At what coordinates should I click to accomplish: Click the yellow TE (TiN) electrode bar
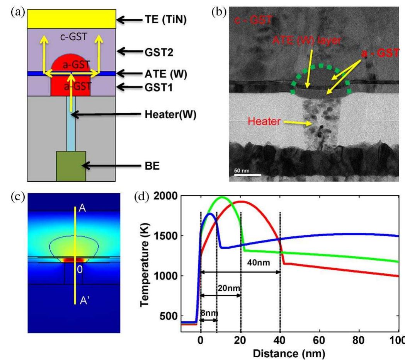click(x=71, y=19)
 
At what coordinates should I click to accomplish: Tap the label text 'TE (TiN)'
click(x=167, y=19)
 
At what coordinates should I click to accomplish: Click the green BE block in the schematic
click(x=71, y=166)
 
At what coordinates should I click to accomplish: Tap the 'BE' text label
click(x=150, y=166)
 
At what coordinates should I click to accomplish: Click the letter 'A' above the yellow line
click(x=82, y=208)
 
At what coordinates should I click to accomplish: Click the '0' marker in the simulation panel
click(x=79, y=270)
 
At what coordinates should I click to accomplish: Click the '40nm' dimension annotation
click(x=257, y=263)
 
